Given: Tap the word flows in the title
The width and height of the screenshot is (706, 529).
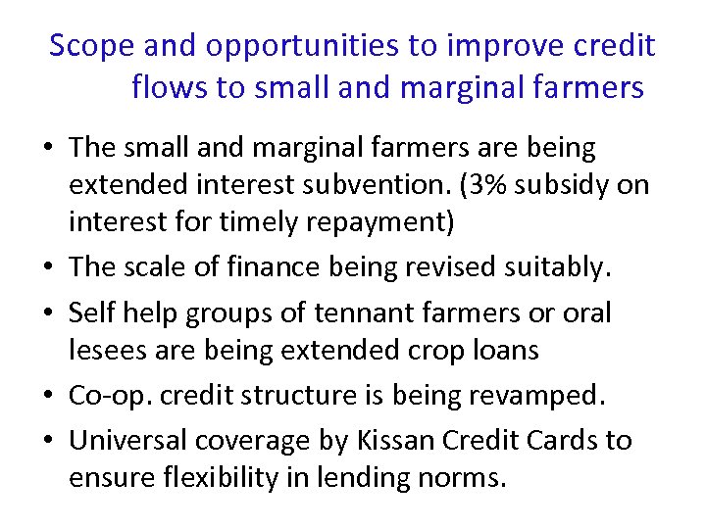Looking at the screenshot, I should click(x=169, y=88).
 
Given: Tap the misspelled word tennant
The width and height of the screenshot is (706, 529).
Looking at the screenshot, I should click(x=361, y=313).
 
